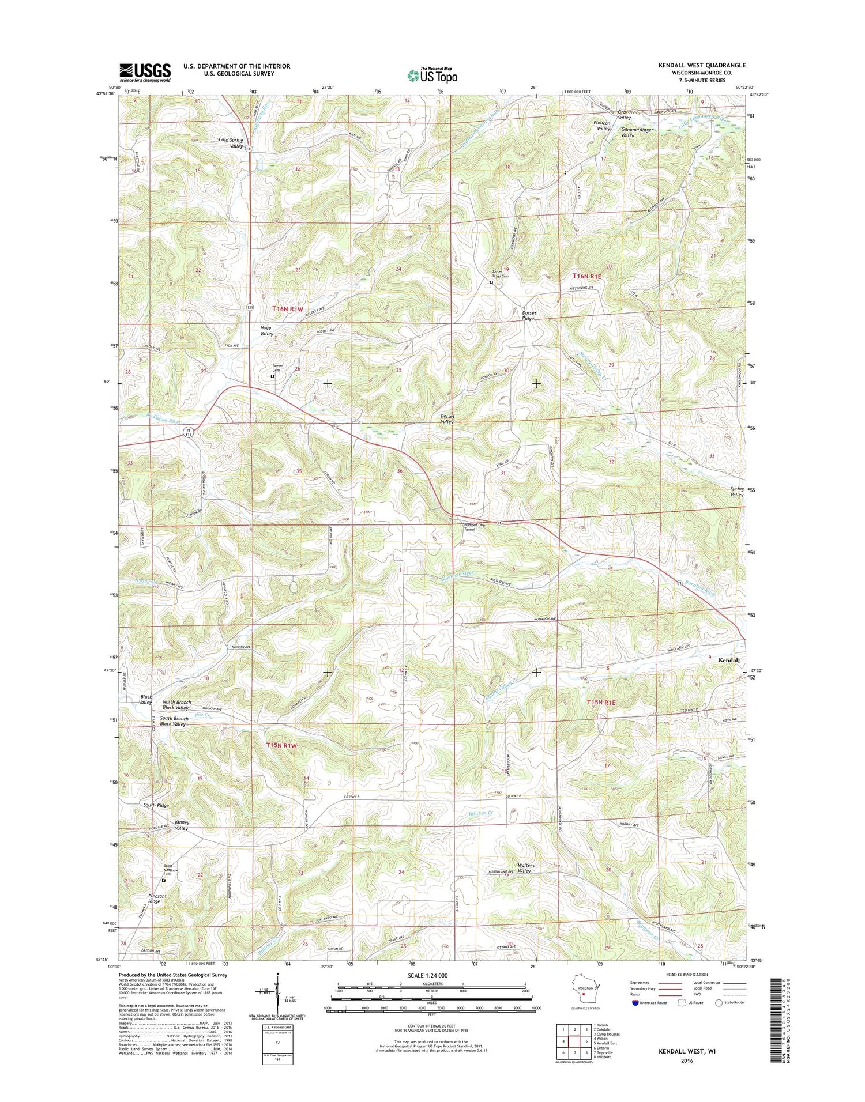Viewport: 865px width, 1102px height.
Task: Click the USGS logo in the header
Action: (x=145, y=72)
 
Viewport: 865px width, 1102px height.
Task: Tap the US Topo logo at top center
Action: (x=432, y=75)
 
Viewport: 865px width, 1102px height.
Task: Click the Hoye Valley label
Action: (x=266, y=330)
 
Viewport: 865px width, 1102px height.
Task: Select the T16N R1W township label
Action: (x=288, y=309)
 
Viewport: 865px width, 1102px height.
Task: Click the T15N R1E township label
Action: (x=601, y=702)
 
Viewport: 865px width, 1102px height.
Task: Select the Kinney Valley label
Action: (x=181, y=825)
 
